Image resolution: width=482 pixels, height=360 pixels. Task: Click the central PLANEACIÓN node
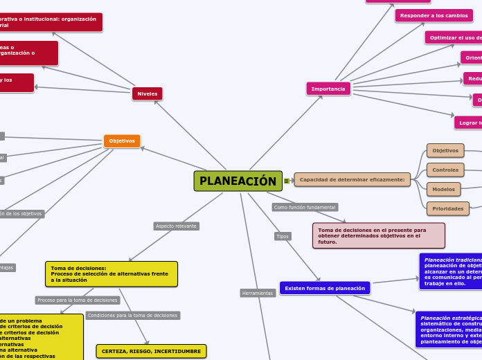tap(238, 181)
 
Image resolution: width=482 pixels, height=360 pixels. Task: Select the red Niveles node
tap(147, 93)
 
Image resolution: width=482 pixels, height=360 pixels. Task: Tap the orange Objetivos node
tap(122, 141)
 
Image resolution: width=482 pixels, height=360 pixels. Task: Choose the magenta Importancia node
tap(328, 89)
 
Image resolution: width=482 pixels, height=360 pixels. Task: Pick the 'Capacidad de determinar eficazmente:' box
tap(352, 179)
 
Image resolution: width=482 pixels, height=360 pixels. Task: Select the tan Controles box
tap(445, 170)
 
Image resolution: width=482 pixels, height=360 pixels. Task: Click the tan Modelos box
tap(444, 189)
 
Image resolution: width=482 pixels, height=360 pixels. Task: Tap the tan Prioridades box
tap(447, 208)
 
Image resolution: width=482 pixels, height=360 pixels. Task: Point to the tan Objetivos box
tap(445, 150)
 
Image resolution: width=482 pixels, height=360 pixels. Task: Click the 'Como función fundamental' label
tap(305, 207)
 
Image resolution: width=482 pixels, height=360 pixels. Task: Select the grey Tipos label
tap(283, 236)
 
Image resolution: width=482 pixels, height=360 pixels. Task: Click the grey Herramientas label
tap(258, 293)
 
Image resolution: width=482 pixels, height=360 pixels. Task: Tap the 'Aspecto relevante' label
tap(176, 226)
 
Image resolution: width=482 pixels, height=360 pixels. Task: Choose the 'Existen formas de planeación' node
tap(325, 287)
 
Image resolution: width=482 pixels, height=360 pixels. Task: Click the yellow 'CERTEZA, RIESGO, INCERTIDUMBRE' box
tap(151, 351)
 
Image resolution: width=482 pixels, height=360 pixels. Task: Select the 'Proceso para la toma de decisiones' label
tap(78, 300)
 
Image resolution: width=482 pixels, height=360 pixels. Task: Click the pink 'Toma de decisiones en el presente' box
tap(378, 235)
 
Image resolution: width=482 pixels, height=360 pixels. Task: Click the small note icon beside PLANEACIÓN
tap(287, 181)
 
